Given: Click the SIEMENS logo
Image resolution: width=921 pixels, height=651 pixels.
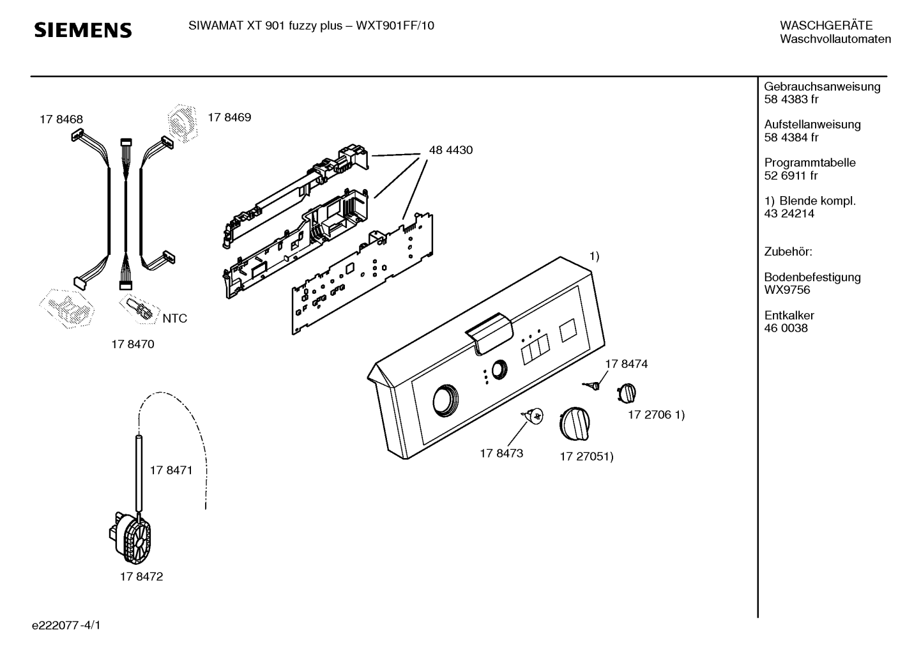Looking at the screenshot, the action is pyautogui.click(x=83, y=30).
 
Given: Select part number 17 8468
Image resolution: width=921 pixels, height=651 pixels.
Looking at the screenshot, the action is pyautogui.click(x=61, y=119).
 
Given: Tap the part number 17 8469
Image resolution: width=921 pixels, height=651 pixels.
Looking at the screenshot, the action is pyautogui.click(x=229, y=117).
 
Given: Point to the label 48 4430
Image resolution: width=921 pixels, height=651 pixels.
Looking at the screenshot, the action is pyautogui.click(x=451, y=150).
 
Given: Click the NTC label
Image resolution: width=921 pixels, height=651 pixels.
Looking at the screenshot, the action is pyautogui.click(x=175, y=318).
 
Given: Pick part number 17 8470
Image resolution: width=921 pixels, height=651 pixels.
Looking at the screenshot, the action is pyautogui.click(x=133, y=344).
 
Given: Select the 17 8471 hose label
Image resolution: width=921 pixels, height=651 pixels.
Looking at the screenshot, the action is pyautogui.click(x=171, y=470).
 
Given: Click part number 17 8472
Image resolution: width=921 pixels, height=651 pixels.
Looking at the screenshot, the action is pyautogui.click(x=141, y=576).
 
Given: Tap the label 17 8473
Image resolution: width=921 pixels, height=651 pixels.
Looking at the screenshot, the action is pyautogui.click(x=501, y=453).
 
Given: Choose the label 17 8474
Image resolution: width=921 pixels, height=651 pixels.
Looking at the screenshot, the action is pyautogui.click(x=626, y=364).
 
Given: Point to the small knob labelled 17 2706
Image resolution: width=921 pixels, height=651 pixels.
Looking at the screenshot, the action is pyautogui.click(x=627, y=393).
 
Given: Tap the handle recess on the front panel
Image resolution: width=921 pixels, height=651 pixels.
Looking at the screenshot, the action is pyautogui.click(x=489, y=333).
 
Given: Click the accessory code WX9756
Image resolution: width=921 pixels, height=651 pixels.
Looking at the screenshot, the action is pyautogui.click(x=787, y=290).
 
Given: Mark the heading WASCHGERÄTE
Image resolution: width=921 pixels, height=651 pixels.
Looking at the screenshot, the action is pyautogui.click(x=826, y=26).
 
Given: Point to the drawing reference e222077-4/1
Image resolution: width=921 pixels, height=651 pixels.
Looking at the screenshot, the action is pyautogui.click(x=66, y=625).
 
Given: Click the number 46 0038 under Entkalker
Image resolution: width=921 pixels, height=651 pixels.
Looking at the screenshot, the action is pyautogui.click(x=786, y=328).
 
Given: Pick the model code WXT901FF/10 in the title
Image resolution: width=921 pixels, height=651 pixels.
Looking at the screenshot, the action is pyautogui.click(x=395, y=26).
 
